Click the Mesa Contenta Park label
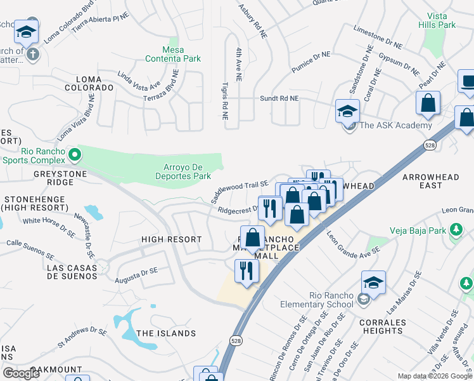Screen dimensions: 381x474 pos(173,54)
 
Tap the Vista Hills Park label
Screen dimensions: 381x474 pos(437,20)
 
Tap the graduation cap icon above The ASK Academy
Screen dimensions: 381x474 pos(347,110)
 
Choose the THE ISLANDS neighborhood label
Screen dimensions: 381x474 pos(166,333)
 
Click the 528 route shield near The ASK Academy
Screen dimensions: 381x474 pos(428,145)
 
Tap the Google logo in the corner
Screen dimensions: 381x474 pos(22,373)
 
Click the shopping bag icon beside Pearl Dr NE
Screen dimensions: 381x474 pos(428,104)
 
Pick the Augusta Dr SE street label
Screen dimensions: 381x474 pos(136,275)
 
